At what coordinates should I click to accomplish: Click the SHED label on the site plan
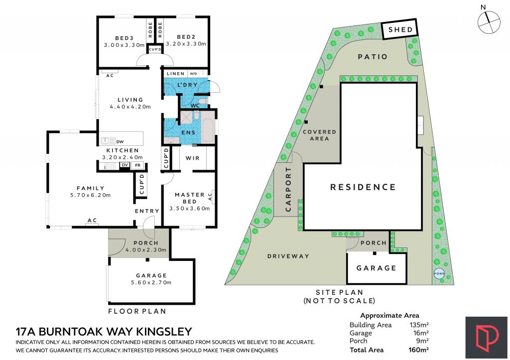400,30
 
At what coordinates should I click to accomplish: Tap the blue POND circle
439,274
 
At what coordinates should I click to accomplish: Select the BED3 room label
124,37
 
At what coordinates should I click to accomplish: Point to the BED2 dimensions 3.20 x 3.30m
185,44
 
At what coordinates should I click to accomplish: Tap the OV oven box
125,165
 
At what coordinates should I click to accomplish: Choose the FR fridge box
137,165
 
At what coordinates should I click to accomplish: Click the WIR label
192,158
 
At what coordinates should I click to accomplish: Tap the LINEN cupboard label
176,74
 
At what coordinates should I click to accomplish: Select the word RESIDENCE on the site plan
363,187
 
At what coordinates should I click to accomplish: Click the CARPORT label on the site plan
288,190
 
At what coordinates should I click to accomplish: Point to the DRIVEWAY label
288,256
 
